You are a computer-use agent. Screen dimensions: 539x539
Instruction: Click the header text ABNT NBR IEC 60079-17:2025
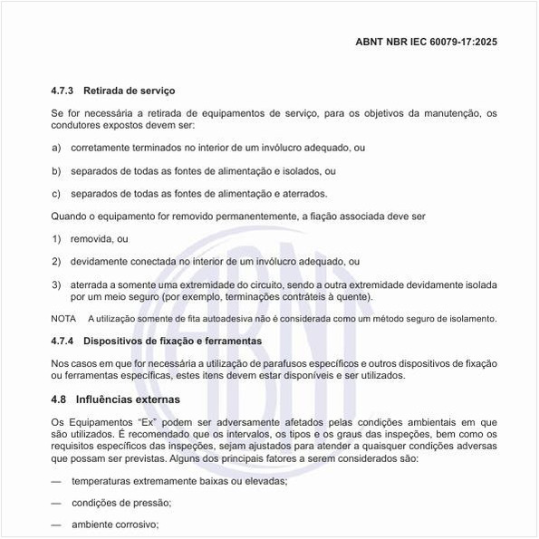(x=428, y=42)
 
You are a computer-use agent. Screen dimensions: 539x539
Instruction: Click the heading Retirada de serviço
(x=129, y=91)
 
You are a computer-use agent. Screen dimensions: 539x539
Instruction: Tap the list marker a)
(x=56, y=147)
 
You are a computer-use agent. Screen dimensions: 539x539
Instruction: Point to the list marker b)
(x=56, y=170)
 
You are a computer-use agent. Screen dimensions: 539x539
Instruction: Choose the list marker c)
(x=56, y=193)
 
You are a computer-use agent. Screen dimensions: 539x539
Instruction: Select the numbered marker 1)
(x=56, y=238)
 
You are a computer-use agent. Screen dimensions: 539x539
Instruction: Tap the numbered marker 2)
(x=56, y=261)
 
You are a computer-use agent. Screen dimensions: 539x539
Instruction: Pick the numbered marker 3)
(x=56, y=284)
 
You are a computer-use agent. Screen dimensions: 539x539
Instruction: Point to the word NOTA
(x=63, y=319)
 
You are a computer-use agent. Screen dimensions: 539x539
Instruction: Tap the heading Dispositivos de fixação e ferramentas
(x=172, y=342)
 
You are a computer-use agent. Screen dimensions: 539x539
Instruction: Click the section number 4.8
(x=59, y=399)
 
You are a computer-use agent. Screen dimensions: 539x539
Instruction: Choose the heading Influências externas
(x=128, y=399)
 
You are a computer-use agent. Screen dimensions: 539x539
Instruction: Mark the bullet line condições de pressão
(x=121, y=502)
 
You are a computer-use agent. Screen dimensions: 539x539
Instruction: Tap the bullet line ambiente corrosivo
(x=115, y=525)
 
